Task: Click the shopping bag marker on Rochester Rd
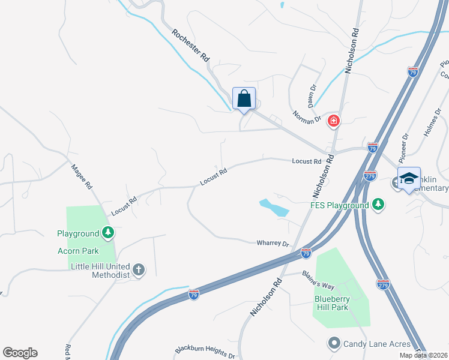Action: coord(244,98)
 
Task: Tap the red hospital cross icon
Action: coord(334,122)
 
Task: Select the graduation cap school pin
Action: coord(409,178)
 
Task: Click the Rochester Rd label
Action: coord(190,46)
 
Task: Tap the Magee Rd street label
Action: coord(81,177)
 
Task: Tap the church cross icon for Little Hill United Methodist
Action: coord(139,270)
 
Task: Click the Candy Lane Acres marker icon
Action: coord(334,343)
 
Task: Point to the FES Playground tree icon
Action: coord(378,205)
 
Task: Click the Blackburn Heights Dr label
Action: coord(205,352)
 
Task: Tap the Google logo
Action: coord(20,353)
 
